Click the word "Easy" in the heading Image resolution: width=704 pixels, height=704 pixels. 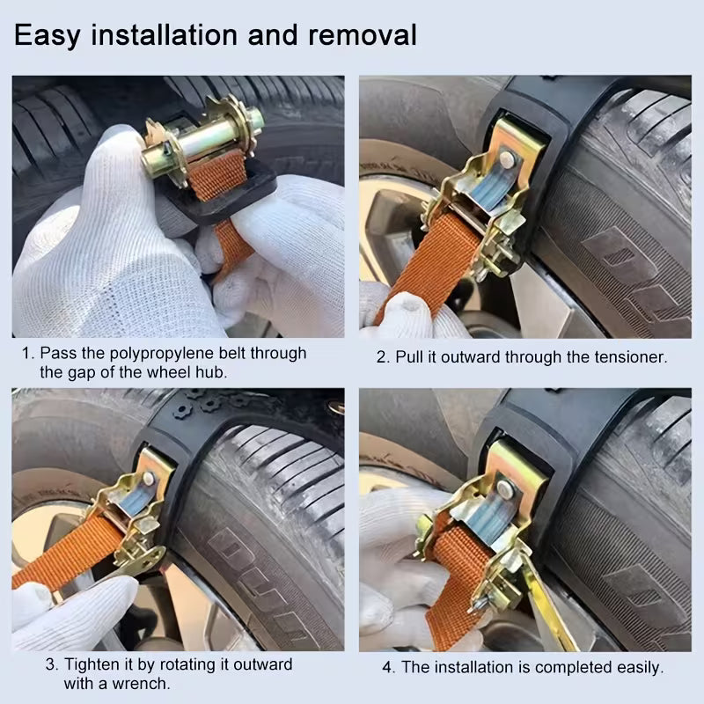coord(48,35)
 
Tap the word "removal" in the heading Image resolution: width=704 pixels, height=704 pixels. coord(363,34)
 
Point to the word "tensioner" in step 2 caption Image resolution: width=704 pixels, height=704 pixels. coord(631,357)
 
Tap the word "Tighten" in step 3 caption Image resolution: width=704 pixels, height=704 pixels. coord(92,665)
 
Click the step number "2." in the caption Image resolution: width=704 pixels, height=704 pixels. coord(383,357)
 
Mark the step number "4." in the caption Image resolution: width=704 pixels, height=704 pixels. coord(388,668)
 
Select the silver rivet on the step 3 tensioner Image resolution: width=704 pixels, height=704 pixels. coord(148,478)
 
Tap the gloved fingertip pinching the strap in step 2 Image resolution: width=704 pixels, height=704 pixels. coord(407,310)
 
